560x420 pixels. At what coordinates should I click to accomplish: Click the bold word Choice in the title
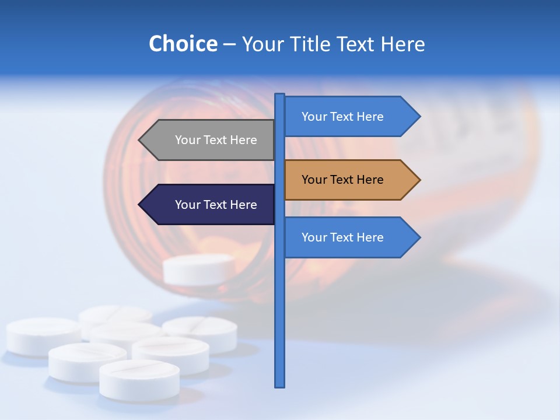tap(183, 44)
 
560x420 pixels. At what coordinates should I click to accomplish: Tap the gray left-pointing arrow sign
tap(207, 140)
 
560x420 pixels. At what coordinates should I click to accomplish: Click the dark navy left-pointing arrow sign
tap(207, 205)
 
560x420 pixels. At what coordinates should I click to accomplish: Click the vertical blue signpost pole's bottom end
tap(280, 385)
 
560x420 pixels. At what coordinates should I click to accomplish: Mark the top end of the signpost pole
tap(280, 95)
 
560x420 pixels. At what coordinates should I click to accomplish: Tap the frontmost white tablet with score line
tap(139, 379)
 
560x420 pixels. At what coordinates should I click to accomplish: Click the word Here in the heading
tap(402, 44)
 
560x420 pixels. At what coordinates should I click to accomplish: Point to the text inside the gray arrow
tap(216, 140)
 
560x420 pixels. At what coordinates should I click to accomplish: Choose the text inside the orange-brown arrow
tap(342, 180)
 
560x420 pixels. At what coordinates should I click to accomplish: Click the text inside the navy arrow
tap(216, 205)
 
